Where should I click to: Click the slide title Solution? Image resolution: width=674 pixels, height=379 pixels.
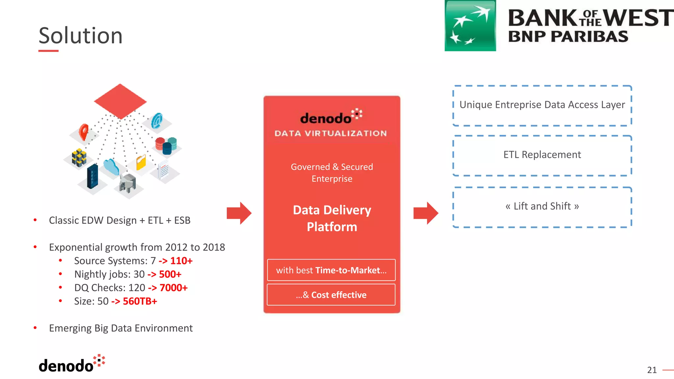[x=81, y=36]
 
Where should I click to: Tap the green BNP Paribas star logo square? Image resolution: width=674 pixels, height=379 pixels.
[x=470, y=26]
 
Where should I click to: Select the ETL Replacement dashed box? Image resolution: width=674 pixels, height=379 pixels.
[x=542, y=155]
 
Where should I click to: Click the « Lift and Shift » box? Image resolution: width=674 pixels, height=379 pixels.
[x=542, y=207]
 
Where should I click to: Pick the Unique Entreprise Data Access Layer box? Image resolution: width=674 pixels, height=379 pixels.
[x=542, y=105]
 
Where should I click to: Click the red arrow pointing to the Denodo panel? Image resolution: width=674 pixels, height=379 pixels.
[x=239, y=213]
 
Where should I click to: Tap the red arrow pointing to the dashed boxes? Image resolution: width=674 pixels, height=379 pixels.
[x=426, y=213]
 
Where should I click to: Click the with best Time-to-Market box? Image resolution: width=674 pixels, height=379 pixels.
[x=331, y=270]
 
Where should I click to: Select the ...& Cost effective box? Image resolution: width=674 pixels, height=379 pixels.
[x=331, y=295]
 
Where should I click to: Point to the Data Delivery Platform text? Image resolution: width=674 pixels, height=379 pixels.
[x=332, y=218]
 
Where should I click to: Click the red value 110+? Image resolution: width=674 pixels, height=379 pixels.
[x=181, y=261]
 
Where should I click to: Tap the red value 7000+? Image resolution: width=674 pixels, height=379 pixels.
[x=173, y=288]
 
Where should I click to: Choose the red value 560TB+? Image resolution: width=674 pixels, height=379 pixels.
[x=140, y=301]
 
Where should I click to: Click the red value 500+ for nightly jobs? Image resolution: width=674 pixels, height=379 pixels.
[x=170, y=274]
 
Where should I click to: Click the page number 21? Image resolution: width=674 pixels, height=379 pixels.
[x=652, y=370]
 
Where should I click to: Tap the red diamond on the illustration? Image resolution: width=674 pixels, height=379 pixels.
[x=120, y=101]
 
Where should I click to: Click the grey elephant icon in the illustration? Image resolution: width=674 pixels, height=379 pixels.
[x=128, y=183]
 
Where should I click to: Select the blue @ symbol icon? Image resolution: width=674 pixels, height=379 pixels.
[x=157, y=121]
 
